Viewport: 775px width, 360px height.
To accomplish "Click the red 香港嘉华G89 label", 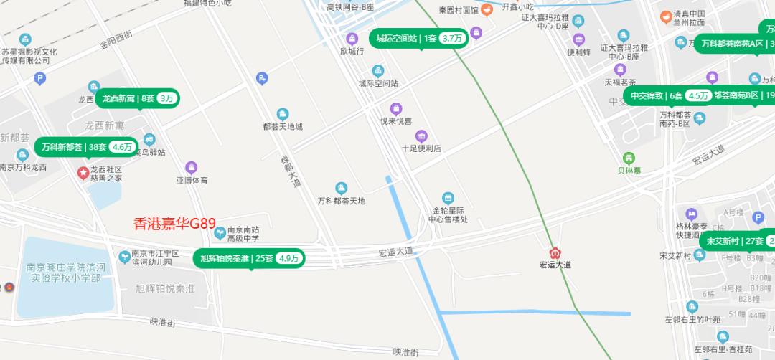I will coord(175,223).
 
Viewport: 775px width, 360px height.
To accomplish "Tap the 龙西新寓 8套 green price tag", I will coord(137,98).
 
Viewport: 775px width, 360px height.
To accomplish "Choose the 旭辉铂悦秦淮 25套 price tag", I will coord(249,258).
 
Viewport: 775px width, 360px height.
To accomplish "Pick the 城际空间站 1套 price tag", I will coord(419,38).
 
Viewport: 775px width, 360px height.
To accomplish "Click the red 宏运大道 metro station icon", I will coord(555,253).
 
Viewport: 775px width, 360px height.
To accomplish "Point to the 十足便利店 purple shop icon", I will coord(421,136).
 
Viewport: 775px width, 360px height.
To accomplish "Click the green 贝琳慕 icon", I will coord(629,158).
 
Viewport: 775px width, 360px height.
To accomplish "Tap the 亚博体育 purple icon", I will coord(191,167).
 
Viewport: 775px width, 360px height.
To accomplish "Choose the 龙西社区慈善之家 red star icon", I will coord(83,173).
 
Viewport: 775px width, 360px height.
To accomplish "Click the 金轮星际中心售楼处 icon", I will coord(448,197).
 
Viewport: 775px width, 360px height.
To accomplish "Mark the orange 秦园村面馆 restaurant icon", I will coord(487,9).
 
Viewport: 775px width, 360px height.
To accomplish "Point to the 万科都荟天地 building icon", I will coord(342,187).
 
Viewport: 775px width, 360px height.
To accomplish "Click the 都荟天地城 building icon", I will coord(283,113).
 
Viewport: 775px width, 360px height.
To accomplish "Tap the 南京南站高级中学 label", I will coord(243,233).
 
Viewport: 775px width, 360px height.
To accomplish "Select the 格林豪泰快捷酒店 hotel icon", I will coord(692,214).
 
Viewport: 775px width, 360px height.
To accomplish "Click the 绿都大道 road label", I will coord(291,172).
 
